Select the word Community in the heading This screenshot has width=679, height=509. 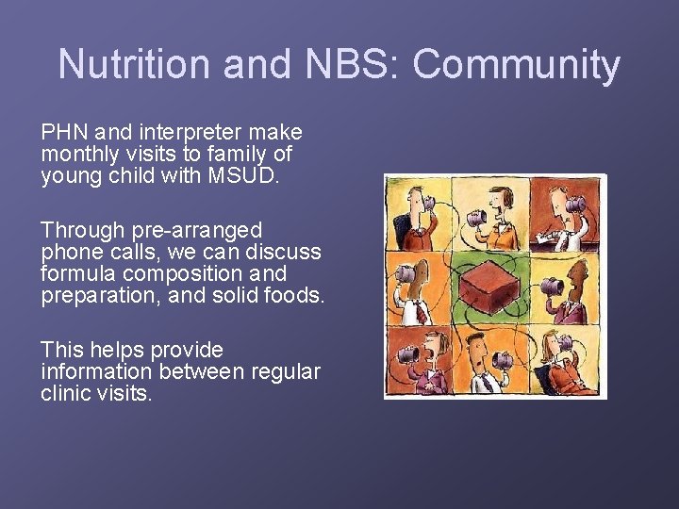tap(517, 65)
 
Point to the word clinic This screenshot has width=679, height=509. tap(69, 394)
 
